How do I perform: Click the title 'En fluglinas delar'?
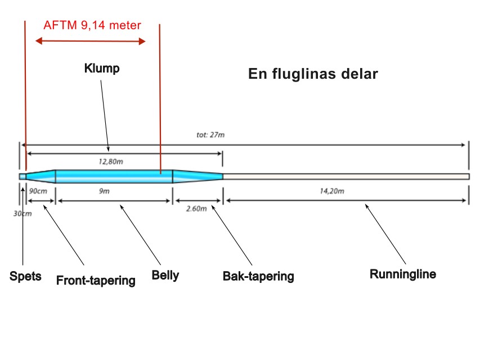point(313,74)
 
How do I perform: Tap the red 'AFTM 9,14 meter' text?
point(92,25)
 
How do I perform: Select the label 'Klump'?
point(102,69)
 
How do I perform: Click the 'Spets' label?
point(25,276)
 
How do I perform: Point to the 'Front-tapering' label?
point(96,280)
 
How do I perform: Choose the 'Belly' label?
point(165,276)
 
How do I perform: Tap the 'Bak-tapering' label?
point(258,276)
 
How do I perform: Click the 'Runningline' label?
point(403,274)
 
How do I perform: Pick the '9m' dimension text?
point(105,191)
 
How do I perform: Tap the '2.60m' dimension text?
point(196,209)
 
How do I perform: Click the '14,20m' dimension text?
point(332,191)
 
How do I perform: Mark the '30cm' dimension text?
point(23,213)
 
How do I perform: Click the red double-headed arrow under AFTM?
point(91,41)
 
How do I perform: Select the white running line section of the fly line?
point(346,177)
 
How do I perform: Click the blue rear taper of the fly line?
point(198,177)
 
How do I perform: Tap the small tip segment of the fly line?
point(23,177)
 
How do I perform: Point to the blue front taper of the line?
point(41,176)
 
